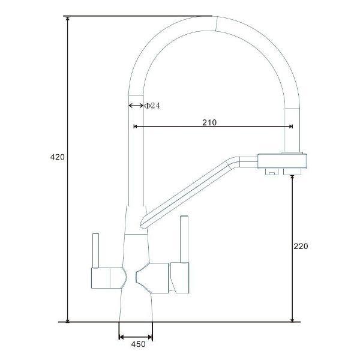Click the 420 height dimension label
(58, 157)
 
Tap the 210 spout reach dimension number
(209, 122)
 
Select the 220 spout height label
(301, 246)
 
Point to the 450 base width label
(138, 344)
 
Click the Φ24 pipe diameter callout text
(152, 106)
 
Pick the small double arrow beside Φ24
(136, 106)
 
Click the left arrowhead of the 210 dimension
(135, 126)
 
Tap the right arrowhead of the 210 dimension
(291, 126)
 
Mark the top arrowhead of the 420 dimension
(67, 19)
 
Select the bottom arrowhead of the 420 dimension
(67, 320)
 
